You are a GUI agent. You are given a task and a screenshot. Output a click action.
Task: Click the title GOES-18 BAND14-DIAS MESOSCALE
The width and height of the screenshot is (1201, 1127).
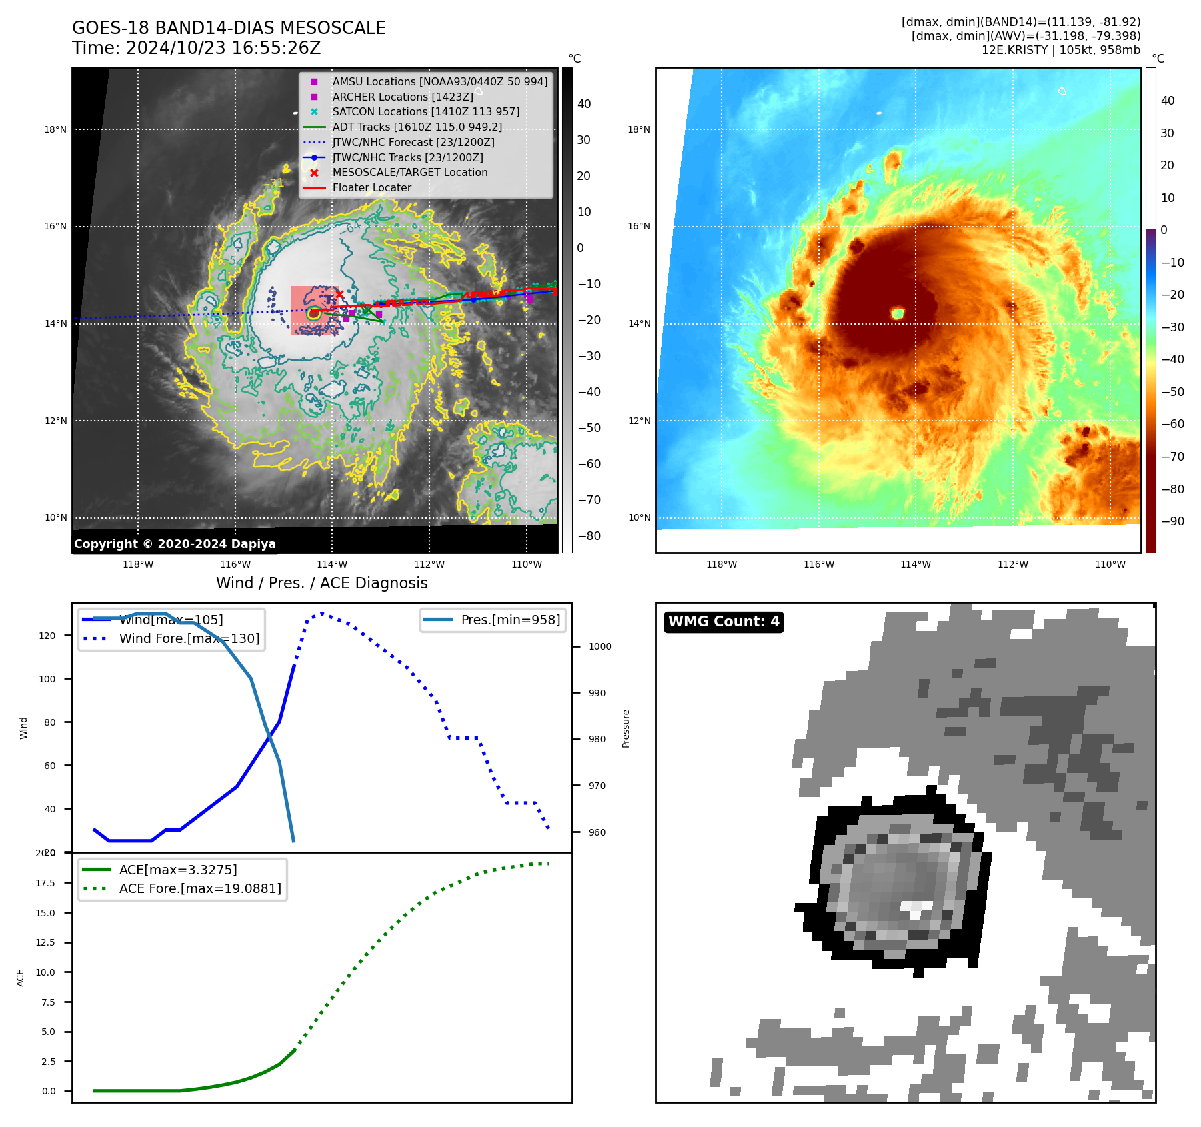tap(229, 28)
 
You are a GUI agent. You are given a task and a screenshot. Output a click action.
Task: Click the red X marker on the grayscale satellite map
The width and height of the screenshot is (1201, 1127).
tap(339, 294)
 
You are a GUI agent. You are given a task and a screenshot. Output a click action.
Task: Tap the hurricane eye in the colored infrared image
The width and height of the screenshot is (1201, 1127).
tap(898, 313)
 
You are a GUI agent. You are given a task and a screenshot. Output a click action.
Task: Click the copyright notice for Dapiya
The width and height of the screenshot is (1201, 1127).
tap(175, 543)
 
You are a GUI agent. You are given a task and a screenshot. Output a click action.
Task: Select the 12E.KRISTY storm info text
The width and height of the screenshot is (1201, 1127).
tap(1060, 50)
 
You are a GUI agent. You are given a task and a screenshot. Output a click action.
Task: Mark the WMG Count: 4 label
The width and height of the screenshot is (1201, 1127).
tap(724, 622)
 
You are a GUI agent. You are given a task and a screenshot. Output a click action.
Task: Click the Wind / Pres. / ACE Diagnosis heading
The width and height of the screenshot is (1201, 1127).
tap(321, 583)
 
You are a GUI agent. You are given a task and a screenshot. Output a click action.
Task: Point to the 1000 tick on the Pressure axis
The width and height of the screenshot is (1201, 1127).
tap(599, 646)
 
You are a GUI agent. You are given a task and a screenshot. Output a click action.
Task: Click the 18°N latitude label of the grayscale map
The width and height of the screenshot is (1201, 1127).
tap(55, 129)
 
